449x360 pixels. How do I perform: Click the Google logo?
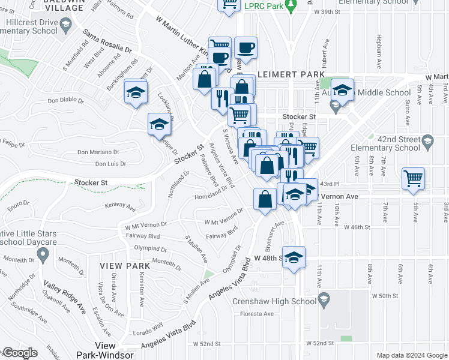pos(20,353)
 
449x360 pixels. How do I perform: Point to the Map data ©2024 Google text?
pos(412,355)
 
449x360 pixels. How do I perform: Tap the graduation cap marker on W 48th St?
pos(293,257)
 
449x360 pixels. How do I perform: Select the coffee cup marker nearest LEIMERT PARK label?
pos(246,48)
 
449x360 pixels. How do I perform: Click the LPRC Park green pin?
pos(291,7)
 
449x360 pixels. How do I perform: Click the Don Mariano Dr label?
pos(99,152)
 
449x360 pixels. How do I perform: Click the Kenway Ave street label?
pos(120,207)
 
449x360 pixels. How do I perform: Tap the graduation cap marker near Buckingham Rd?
pos(136,92)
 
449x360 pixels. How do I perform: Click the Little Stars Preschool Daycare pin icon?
pos(42,255)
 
